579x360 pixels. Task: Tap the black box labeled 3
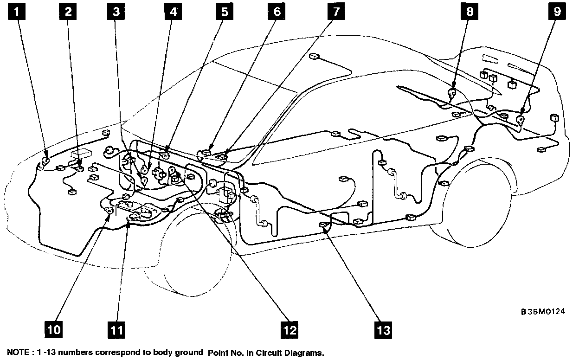[116, 11]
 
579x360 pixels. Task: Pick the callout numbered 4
[173, 11]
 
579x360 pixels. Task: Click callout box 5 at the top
[225, 11]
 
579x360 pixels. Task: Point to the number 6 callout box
[277, 11]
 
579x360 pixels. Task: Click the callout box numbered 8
[470, 11]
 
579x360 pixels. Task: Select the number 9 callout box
[557, 11]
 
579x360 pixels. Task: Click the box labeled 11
[116, 330]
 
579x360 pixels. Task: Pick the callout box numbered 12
[289, 330]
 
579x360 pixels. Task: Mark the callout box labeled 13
[383, 330]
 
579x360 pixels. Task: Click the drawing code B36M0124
[543, 311]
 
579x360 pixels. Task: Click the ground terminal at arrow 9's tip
[521, 120]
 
